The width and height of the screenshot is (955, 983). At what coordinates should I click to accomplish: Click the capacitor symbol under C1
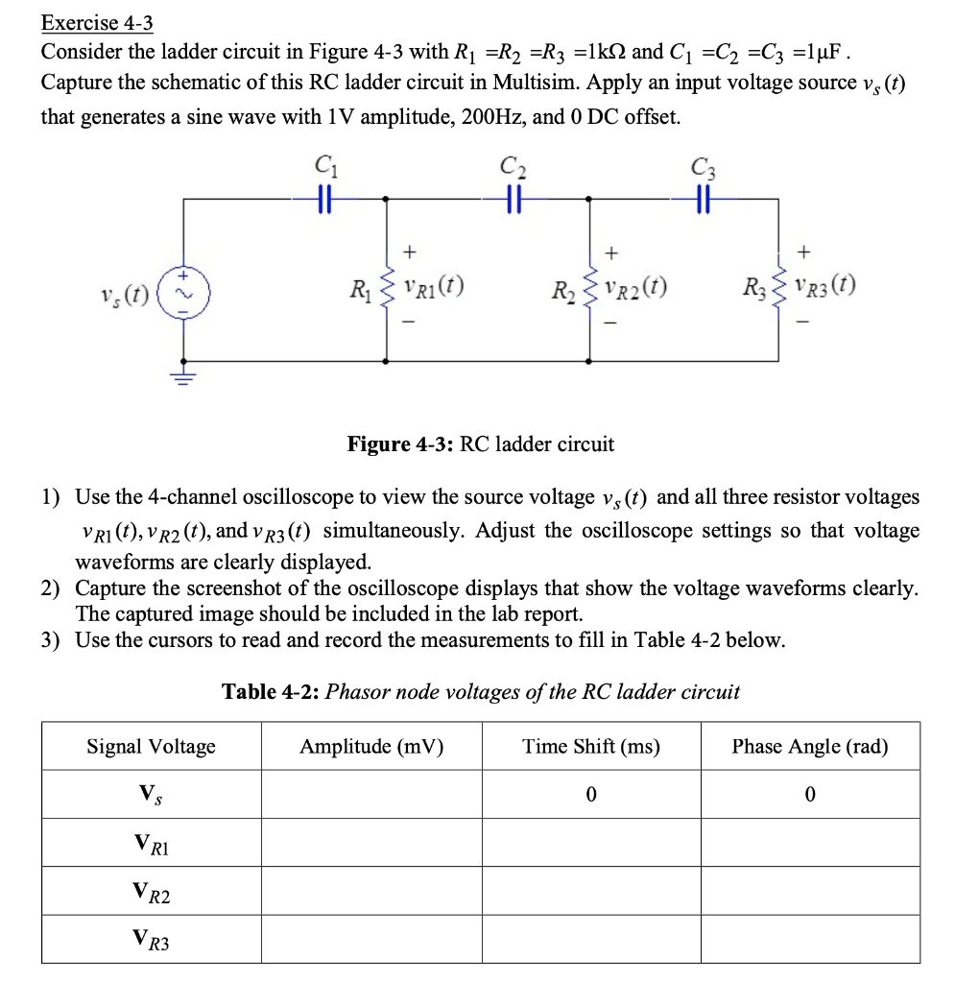[x=323, y=198]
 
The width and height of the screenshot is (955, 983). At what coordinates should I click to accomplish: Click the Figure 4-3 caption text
[x=480, y=444]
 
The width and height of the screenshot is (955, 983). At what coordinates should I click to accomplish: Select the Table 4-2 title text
[x=480, y=691]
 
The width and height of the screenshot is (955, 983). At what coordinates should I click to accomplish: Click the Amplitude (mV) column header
[x=371, y=746]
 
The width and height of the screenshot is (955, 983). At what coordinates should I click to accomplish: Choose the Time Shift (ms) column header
[x=591, y=746]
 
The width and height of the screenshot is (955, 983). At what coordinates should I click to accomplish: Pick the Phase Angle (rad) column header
[x=810, y=746]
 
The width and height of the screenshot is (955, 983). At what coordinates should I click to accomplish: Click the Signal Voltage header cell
[x=151, y=746]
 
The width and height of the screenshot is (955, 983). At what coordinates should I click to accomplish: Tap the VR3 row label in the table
[x=151, y=941]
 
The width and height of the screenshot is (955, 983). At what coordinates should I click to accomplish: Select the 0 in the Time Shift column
[x=591, y=794]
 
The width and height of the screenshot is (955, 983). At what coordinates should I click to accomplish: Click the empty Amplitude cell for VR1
[x=371, y=843]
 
